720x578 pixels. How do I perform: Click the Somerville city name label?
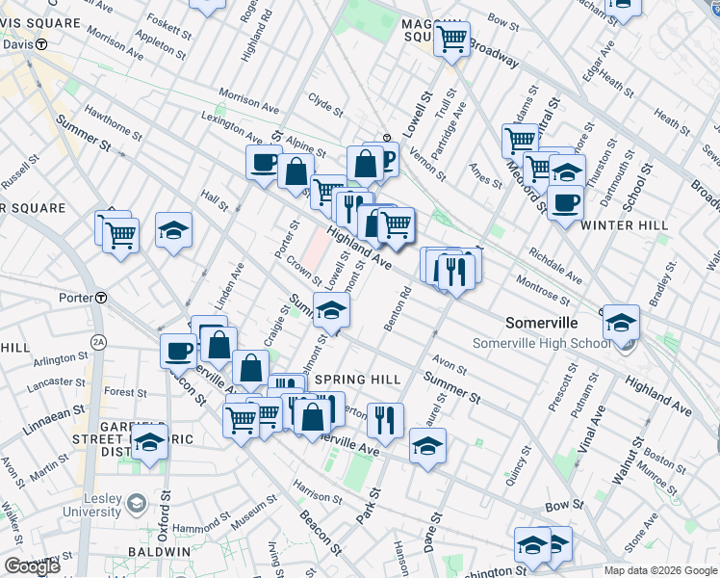542,323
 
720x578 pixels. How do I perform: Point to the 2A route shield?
98,341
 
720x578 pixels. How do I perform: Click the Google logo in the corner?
31,566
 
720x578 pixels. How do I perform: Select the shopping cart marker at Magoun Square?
451,39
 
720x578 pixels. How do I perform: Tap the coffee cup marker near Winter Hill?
566,202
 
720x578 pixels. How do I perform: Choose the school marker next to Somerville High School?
621,321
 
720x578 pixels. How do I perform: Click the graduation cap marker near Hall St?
173,229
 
